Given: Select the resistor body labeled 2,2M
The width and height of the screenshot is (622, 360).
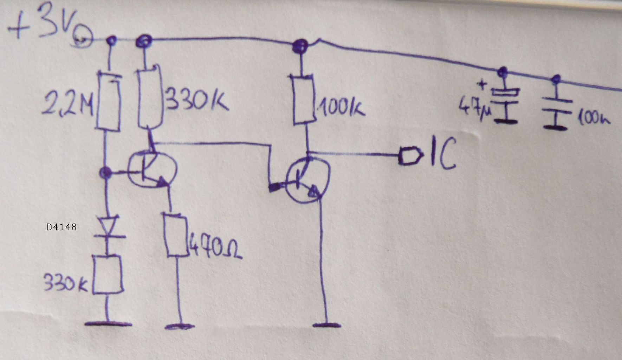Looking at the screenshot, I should point(109,101).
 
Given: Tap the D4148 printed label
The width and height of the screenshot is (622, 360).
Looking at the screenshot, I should point(61,227).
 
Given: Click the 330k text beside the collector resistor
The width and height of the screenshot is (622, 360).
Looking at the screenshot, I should point(197,100).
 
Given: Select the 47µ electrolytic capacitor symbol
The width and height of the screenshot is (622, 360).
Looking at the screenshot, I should point(505,102).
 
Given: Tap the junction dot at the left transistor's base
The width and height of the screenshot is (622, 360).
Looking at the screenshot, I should point(105,173).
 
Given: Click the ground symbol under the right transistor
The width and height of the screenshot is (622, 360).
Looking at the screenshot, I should point(327,325).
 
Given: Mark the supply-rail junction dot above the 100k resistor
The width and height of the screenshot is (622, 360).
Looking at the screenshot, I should point(300,45).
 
